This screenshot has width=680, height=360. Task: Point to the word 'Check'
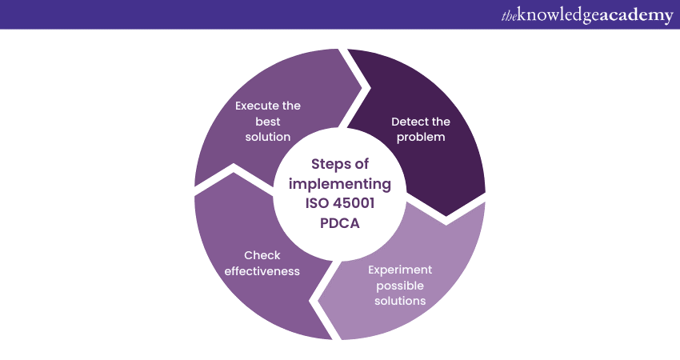pos(262,255)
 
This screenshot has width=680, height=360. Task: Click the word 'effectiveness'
pos(262,270)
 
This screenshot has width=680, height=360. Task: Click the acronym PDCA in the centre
pos(339,224)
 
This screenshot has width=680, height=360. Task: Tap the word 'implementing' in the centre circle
pos(339,184)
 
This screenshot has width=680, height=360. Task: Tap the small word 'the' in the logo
pos(510,15)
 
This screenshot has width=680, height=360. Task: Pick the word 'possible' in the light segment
pos(397,285)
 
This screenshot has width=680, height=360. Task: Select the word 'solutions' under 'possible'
pos(397,300)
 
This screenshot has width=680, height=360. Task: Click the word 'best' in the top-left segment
pos(268,122)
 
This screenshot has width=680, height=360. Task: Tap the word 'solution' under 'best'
pos(268,137)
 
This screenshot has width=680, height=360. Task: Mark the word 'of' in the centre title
pos(361,164)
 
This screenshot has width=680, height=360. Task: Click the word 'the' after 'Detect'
pos(441,122)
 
